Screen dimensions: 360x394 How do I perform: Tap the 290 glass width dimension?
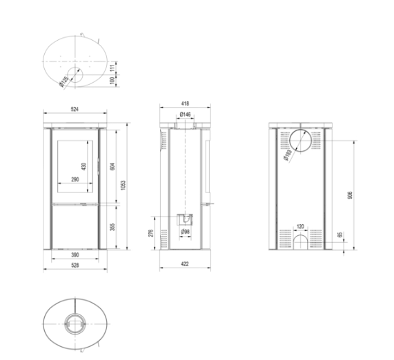(x=75, y=180)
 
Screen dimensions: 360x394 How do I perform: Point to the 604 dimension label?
(x=110, y=166)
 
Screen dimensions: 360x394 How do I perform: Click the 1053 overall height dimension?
(x=122, y=185)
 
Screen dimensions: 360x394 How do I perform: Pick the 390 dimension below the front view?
(x=75, y=256)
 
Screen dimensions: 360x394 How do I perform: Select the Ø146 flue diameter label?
(x=185, y=114)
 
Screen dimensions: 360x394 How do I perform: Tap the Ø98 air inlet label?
(x=185, y=232)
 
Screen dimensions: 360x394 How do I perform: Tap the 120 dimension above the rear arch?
(x=300, y=226)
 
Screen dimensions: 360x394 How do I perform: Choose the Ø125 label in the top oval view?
(x=64, y=81)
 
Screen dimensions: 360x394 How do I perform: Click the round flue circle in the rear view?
(x=301, y=141)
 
